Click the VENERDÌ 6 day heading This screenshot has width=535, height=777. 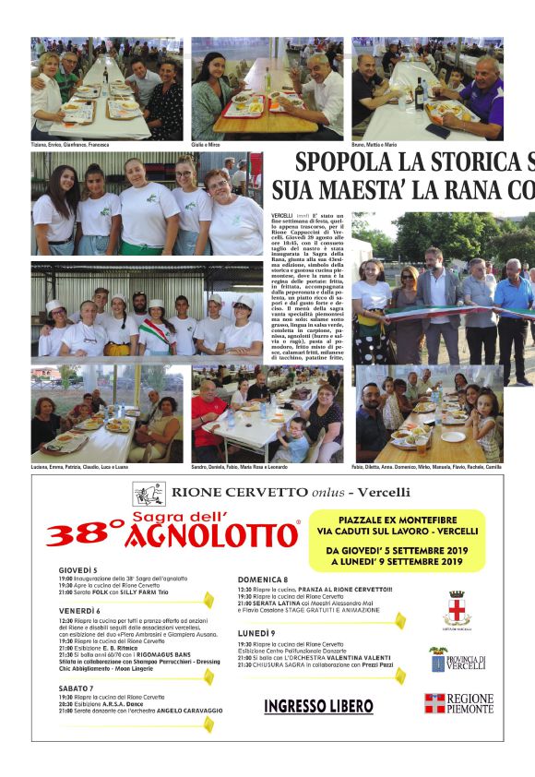[79, 611]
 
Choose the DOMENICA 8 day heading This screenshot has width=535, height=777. [263, 580]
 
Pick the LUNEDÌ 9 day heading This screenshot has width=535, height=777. [256, 633]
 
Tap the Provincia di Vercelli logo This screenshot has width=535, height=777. [458, 660]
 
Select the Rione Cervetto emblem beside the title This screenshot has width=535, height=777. [148, 494]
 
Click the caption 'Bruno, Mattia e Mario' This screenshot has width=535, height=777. [374, 145]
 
